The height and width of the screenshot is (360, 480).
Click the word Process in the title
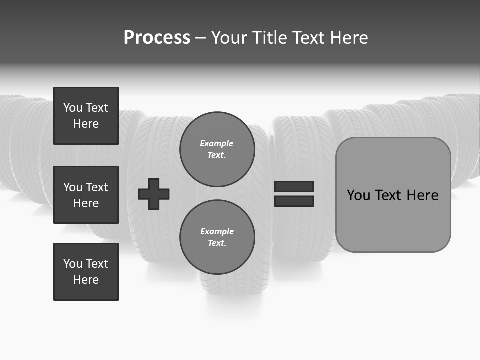(157, 38)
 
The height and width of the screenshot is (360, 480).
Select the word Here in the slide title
(348, 38)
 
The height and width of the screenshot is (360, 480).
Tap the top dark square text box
(86, 116)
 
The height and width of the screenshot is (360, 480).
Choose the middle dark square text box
(86, 195)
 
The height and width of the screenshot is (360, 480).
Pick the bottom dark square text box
(86, 272)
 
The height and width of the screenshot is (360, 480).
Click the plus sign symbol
(154, 194)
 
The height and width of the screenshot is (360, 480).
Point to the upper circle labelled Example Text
(217, 149)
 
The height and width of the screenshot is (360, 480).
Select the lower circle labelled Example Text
(217, 237)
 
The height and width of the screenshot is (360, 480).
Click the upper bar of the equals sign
(294, 187)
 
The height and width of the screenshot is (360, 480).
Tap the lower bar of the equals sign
(294, 201)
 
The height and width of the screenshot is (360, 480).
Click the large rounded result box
(393, 195)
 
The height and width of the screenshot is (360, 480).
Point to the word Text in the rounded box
(390, 195)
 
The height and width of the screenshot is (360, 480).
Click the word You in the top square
(73, 108)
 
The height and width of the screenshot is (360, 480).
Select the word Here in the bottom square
(86, 280)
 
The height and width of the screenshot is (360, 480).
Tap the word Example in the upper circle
(216, 143)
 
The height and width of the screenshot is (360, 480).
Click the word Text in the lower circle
(216, 243)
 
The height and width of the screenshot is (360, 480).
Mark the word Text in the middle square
(97, 187)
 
